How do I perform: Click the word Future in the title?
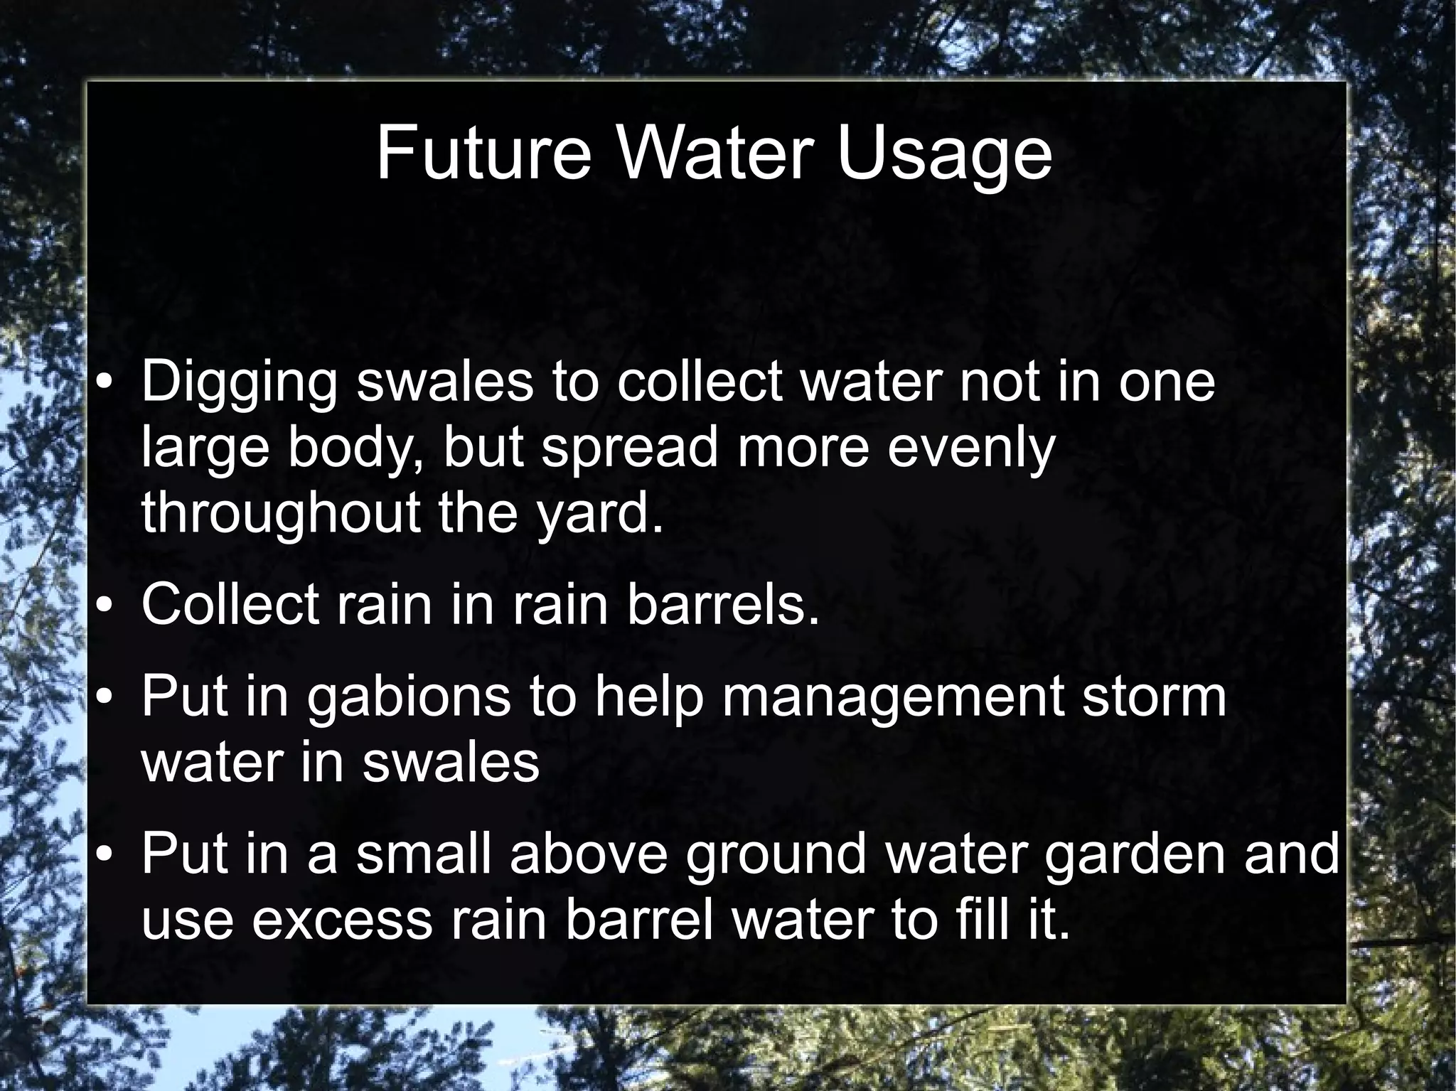coord(483,153)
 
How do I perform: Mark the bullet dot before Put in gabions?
coord(104,699)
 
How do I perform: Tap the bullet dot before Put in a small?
coord(104,856)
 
